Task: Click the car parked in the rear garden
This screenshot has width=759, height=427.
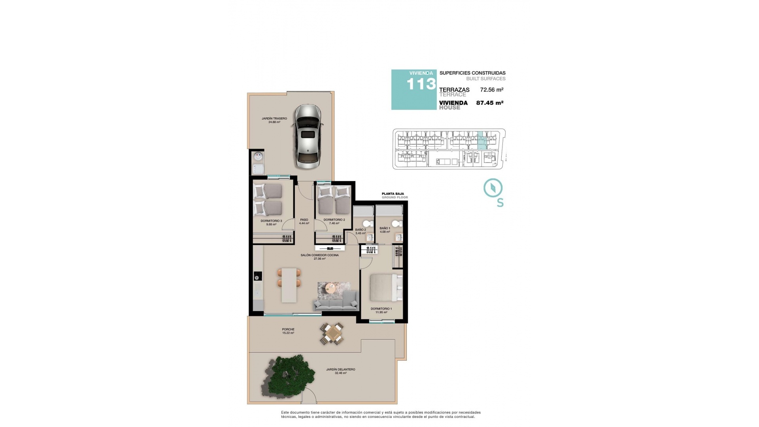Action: [x=308, y=136]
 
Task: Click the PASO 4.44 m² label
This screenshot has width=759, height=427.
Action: [x=304, y=221]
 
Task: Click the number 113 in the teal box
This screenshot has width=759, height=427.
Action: [x=421, y=84]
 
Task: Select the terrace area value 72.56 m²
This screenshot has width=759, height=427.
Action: [x=491, y=90]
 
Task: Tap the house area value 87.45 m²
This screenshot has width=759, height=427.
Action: [x=489, y=103]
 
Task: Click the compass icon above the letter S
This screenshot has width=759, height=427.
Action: [x=493, y=188]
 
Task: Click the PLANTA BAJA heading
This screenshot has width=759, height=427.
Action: [x=393, y=194]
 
